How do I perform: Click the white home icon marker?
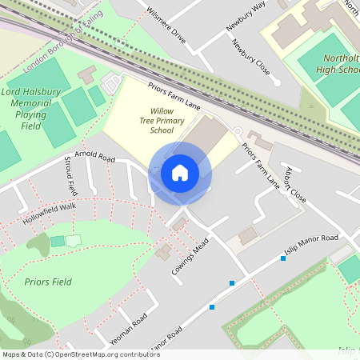(x=180, y=173)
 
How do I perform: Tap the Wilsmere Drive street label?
(x=166, y=26)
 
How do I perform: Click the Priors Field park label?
(x=47, y=282)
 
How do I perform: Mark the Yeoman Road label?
(x=129, y=330)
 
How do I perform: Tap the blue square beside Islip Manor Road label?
(x=282, y=258)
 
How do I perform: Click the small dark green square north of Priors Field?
(x=57, y=241)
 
